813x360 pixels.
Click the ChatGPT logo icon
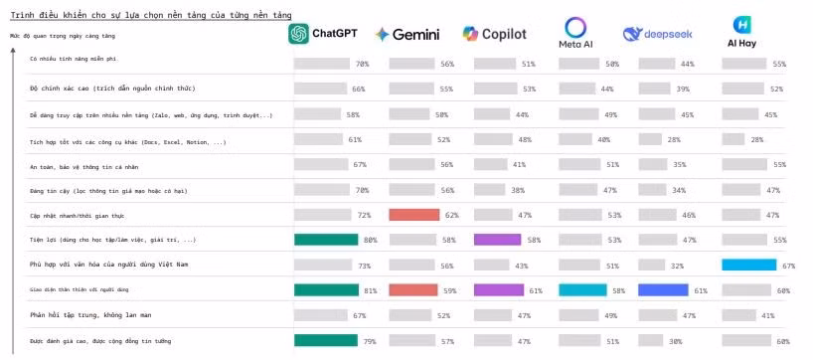point(298,34)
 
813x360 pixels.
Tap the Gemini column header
point(407,35)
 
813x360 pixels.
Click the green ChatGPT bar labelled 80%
point(326,240)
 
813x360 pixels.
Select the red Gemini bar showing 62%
point(413,215)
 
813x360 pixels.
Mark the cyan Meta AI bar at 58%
point(582,290)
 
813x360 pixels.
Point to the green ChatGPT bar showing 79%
point(325,341)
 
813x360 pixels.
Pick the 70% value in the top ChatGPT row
point(363,64)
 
